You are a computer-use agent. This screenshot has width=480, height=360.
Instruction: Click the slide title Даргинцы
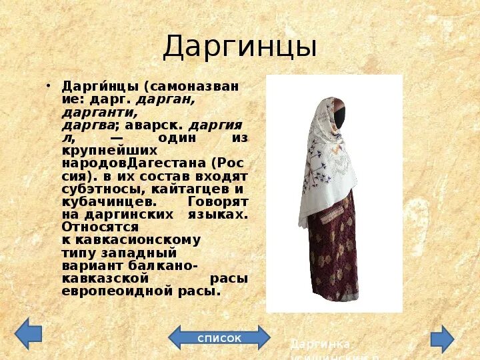[x=239, y=47]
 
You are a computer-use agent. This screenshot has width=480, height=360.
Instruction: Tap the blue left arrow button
[x=28, y=335]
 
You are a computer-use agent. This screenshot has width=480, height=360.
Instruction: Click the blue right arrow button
[x=442, y=338]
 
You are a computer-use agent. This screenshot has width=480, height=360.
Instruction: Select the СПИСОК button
[x=219, y=338]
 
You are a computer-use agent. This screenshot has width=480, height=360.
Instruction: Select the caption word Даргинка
[x=321, y=344]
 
